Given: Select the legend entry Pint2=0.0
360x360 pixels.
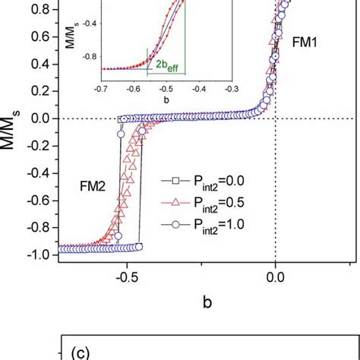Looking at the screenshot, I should tap(209, 181).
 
